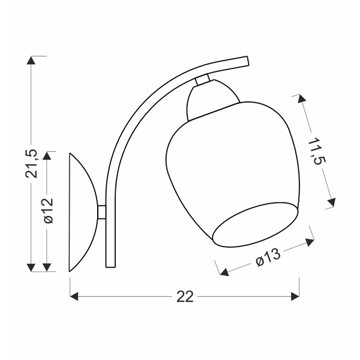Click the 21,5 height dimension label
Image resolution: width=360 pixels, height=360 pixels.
pos(31,163)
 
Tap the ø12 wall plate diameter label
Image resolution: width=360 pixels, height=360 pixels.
pos(48,211)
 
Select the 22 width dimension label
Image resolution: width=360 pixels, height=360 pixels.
pos(185,296)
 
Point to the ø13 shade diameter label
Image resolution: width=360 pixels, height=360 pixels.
pos(268,257)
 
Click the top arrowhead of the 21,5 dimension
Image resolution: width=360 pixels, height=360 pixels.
pos(31,60)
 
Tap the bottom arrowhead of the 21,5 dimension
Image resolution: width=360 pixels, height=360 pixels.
pos(31,268)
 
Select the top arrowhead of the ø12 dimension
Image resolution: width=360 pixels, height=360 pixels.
pos(47,155)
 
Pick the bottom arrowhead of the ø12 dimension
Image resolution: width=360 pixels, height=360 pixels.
pos(47,268)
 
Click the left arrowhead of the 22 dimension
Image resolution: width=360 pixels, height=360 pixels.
pos(74,296)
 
